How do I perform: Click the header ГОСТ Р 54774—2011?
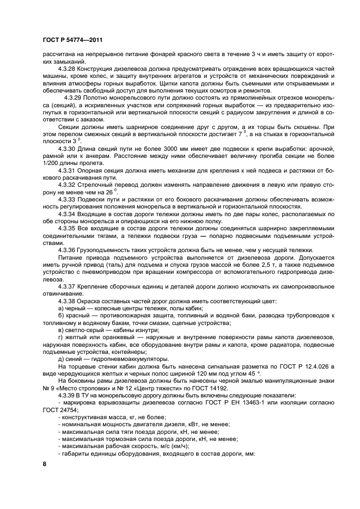click(71, 40)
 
